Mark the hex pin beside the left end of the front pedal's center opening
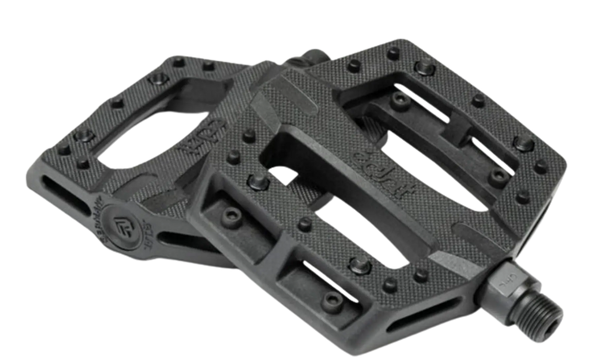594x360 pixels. coord(256,182)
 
